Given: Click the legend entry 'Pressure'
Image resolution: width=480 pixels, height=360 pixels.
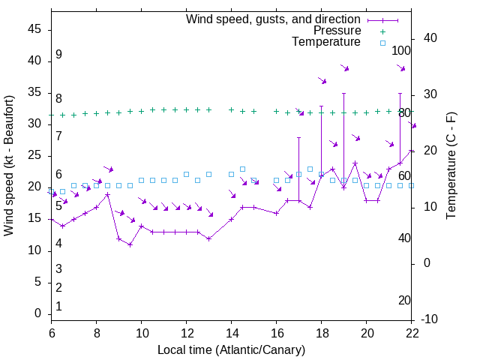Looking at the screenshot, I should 337,31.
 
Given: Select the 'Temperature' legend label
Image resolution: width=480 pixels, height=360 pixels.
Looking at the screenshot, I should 326,42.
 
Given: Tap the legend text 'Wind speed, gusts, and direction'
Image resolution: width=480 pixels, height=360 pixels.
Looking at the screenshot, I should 274,19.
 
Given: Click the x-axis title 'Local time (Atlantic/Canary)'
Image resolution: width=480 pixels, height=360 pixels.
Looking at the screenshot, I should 231,349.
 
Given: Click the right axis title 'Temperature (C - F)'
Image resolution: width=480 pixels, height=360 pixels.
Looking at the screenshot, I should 451,165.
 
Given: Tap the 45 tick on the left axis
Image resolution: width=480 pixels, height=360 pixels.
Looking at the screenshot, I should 34,29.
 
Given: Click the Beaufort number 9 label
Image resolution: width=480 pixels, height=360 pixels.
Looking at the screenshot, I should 58,55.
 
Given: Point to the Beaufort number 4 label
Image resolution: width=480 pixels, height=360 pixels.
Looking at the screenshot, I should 58,243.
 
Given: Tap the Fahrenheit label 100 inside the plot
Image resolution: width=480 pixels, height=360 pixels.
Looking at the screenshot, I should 401,50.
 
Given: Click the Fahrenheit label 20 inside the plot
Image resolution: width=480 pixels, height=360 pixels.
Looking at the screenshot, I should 404,300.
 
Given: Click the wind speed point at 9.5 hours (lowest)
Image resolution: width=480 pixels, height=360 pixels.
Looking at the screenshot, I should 130,244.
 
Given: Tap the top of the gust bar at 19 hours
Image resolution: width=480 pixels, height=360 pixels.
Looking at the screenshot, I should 344,94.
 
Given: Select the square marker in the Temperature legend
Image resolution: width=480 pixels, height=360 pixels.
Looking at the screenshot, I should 382,43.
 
